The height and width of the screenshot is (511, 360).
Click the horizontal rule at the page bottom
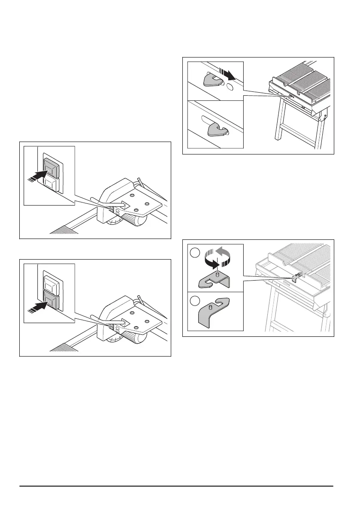(x=177, y=486)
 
